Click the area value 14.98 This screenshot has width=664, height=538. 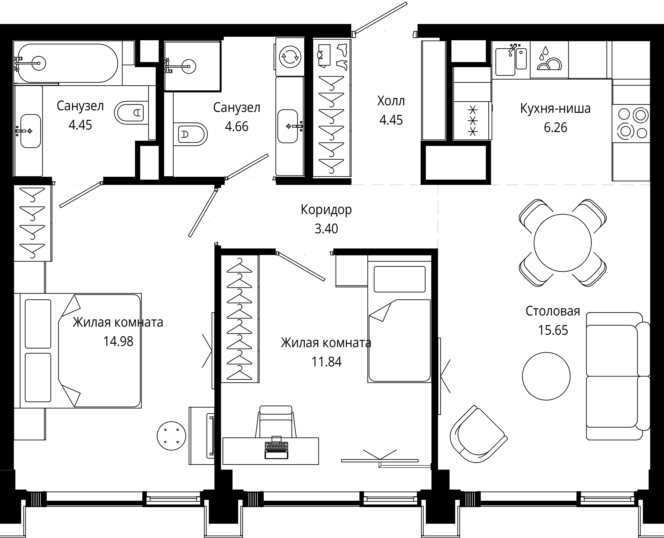coord(118,342)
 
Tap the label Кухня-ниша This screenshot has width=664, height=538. coord(555,108)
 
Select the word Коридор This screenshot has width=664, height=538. coord(326,210)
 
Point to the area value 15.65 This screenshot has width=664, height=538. coord(553,330)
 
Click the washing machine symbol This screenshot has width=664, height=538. coord(290,57)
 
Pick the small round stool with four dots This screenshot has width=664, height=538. coord(171,436)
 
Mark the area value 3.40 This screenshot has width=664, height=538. coord(326,229)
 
